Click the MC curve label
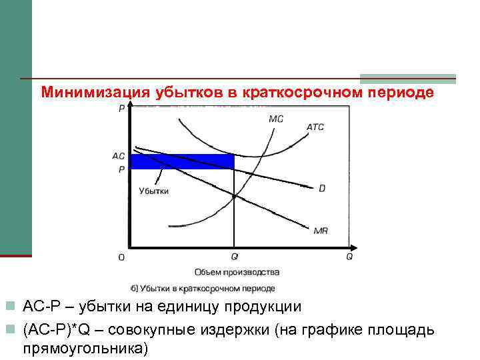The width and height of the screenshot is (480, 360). click(x=276, y=119)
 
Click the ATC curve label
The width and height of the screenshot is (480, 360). click(x=315, y=127)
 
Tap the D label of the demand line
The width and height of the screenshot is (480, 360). click(x=322, y=189)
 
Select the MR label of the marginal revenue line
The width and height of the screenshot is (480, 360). click(x=320, y=231)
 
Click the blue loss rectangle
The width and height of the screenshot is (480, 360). click(x=182, y=161)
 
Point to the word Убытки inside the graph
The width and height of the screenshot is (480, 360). click(x=153, y=191)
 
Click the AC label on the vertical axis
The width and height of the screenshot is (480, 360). click(x=119, y=156)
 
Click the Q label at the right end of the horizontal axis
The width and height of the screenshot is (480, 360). click(x=349, y=257)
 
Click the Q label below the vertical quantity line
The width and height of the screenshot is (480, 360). click(x=234, y=257)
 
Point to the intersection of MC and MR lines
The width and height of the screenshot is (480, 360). click(x=235, y=195)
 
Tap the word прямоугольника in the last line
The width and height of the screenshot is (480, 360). click(x=85, y=348)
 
